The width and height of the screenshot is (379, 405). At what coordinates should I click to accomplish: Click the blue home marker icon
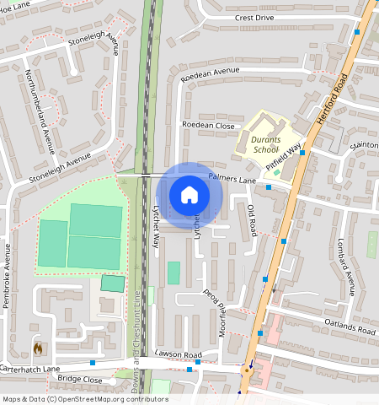[189, 196]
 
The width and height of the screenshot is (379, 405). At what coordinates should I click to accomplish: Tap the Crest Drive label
[255, 17]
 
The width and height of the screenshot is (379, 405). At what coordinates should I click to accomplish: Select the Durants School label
[265, 144]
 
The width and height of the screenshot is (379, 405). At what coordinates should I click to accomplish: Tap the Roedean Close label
[208, 124]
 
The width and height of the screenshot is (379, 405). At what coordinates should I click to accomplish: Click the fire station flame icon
[37, 346]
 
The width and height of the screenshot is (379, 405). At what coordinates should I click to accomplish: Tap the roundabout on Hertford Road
[248, 369]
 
